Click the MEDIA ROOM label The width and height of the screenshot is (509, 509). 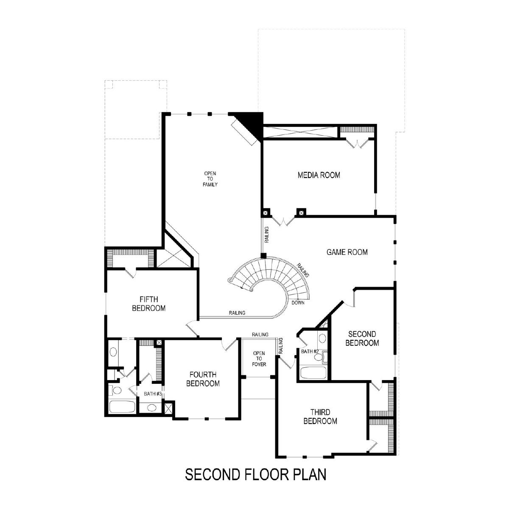(319, 175)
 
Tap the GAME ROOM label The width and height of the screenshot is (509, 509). (347, 252)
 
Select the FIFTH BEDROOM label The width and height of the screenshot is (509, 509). (149, 304)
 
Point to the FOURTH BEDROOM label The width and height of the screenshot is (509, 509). (203, 379)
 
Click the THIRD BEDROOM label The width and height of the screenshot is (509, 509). (320, 417)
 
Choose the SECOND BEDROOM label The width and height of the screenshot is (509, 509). (362, 338)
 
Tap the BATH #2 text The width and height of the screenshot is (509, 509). (310, 352)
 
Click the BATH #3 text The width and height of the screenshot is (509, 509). (153, 394)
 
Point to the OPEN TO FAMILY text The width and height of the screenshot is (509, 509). (210, 179)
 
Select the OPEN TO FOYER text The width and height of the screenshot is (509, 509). (259, 359)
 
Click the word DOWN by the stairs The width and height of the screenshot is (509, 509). (298, 303)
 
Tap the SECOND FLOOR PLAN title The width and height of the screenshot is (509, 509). (256, 474)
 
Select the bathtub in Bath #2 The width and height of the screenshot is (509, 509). (314, 373)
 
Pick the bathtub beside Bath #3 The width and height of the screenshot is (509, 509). (122, 406)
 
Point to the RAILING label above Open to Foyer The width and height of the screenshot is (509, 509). (260, 335)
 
